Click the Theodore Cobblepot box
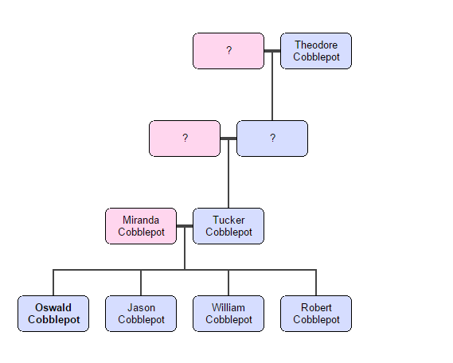(x=316, y=51)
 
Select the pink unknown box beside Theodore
(x=228, y=51)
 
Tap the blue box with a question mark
(x=272, y=139)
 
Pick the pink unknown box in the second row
(x=185, y=139)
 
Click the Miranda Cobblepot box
(x=141, y=226)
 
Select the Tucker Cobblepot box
(x=228, y=226)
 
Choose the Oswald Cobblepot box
(x=53, y=314)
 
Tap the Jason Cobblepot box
(x=141, y=314)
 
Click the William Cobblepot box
(x=228, y=314)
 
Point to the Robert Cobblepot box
(x=316, y=314)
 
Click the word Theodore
(x=316, y=45)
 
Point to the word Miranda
(x=141, y=221)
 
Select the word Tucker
(x=228, y=221)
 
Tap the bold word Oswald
(x=53, y=308)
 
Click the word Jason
(x=141, y=308)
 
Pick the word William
(x=228, y=308)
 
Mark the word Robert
(x=316, y=308)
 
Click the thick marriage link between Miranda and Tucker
(x=185, y=226)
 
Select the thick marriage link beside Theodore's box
(x=272, y=51)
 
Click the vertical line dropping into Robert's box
(x=316, y=283)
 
